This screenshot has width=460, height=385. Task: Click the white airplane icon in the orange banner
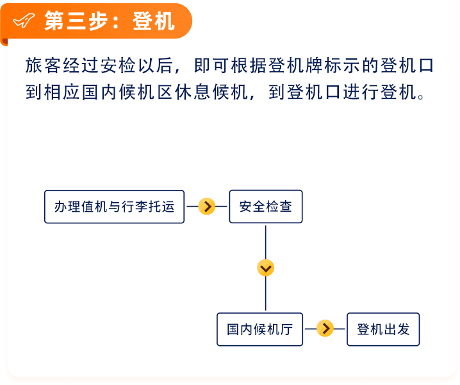tap(24, 21)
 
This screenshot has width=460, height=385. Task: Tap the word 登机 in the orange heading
tap(153, 21)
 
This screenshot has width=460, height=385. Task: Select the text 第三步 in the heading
tap(76, 21)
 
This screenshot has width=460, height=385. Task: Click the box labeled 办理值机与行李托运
tap(115, 207)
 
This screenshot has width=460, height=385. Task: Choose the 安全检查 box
tap(266, 207)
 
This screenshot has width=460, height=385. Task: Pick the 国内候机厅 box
tap(259, 329)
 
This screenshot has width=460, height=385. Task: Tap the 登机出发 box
tap(383, 329)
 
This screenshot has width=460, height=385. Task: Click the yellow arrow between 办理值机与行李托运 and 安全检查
tap(207, 207)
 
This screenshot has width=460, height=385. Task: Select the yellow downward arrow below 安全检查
tap(265, 268)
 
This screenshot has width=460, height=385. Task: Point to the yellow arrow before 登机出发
tap(325, 329)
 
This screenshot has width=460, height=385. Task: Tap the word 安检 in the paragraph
tap(118, 65)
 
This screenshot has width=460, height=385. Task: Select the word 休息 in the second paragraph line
tap(193, 92)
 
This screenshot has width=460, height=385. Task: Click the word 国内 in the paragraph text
tap(99, 92)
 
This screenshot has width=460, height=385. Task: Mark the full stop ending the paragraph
tap(421, 96)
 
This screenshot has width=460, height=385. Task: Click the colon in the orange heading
tap(115, 22)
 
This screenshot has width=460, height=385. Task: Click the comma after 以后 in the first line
tap(177, 71)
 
